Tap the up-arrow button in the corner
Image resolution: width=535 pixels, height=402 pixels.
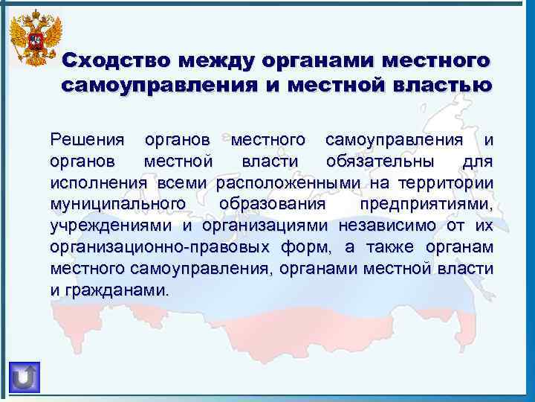point(25,376)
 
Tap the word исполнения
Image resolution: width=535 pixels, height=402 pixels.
point(100,183)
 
